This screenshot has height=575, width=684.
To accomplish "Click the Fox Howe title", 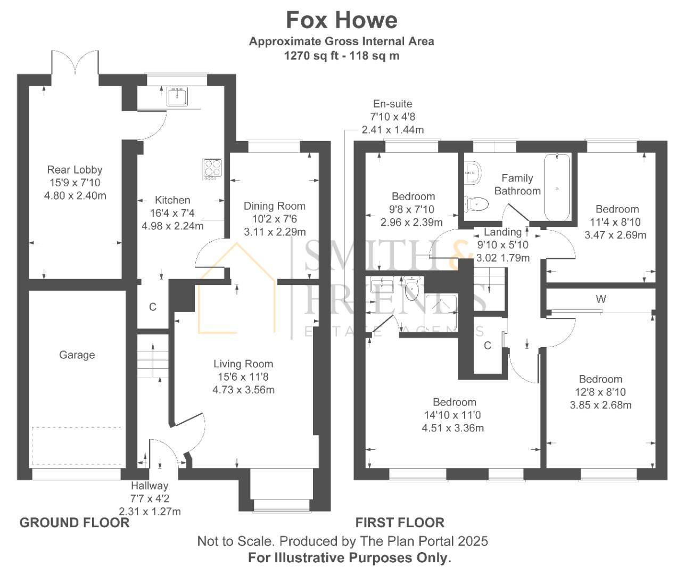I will (341, 20).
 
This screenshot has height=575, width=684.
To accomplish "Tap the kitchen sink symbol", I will (177, 96).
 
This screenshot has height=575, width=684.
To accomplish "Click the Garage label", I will (77, 355).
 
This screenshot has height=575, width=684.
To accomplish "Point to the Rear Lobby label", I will (75, 170).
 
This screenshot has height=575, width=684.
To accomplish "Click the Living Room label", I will (243, 364).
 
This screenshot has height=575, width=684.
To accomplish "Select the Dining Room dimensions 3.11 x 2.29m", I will (275, 232).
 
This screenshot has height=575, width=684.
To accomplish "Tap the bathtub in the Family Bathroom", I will (557, 187).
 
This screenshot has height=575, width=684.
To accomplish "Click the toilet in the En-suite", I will (411, 290).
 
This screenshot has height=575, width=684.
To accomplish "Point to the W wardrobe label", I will (600, 299).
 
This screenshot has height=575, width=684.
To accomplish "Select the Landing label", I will (502, 232).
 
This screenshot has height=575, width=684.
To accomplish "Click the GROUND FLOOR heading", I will (75, 522).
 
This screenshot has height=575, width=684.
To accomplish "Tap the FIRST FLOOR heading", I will (400, 522).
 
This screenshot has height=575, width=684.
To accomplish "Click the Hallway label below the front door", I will (150, 486).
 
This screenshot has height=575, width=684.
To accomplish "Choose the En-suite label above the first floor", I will (392, 104).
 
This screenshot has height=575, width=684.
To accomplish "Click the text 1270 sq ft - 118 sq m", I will (341, 55).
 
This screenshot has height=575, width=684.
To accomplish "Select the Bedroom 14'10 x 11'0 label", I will (454, 402).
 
